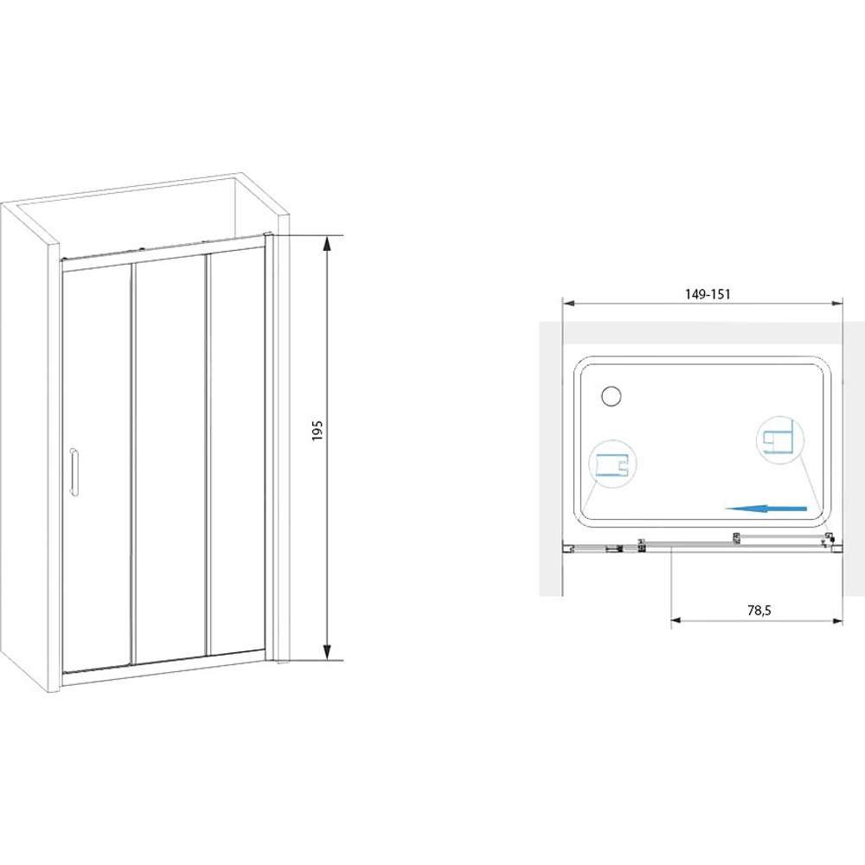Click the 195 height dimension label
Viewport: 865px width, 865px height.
317,430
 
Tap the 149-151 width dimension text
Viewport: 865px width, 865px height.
708,295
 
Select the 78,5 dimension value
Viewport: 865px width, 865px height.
759,610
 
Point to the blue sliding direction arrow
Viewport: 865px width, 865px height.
766,509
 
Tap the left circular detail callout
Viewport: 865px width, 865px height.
612,464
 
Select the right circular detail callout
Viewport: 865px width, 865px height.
780,439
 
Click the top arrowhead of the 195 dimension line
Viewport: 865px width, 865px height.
327,243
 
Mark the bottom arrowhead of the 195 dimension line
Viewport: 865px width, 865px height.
327,652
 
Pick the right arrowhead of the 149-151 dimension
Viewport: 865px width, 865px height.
836,303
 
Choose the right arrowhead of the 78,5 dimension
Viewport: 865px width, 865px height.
836,620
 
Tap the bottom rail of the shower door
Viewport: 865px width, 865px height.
163,665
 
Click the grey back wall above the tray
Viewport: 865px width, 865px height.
702,333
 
